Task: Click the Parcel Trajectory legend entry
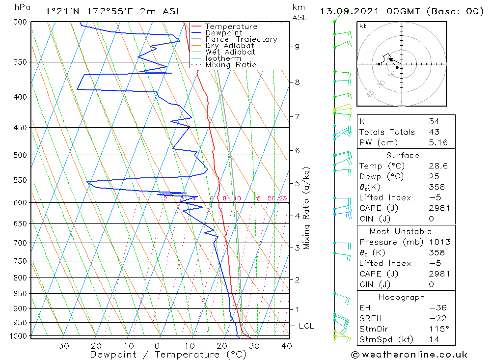tap(241, 39)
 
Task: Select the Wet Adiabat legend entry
tap(230, 52)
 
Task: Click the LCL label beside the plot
tap(306, 326)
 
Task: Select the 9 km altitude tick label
tap(297, 47)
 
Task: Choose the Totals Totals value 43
tap(434, 132)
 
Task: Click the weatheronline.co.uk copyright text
tap(409, 355)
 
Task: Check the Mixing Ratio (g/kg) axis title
tap(306, 208)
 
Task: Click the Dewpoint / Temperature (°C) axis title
tap(168, 355)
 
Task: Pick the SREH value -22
tap(434, 318)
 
